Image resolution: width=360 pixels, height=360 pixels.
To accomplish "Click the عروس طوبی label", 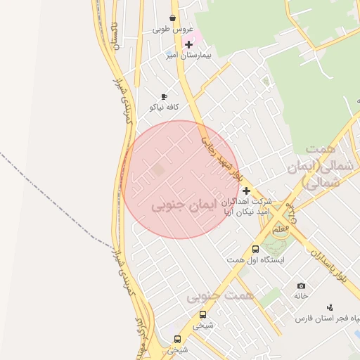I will point(172,30).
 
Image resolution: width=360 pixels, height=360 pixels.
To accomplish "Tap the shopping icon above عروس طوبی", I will point(173,18).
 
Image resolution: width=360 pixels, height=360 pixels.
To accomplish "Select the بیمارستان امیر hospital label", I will point(179,55).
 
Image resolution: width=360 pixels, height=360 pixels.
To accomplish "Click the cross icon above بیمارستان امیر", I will point(188,44).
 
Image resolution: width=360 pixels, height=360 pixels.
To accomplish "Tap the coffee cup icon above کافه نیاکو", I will point(164,96).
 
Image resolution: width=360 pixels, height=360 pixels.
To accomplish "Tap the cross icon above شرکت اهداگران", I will point(246,191).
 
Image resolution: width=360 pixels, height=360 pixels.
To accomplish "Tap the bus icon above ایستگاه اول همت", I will point(255,249).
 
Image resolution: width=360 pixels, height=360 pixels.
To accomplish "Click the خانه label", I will point(301,296).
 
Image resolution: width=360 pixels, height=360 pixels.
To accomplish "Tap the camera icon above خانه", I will point(301,285).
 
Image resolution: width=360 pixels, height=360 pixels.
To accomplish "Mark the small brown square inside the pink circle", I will point(159,169).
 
